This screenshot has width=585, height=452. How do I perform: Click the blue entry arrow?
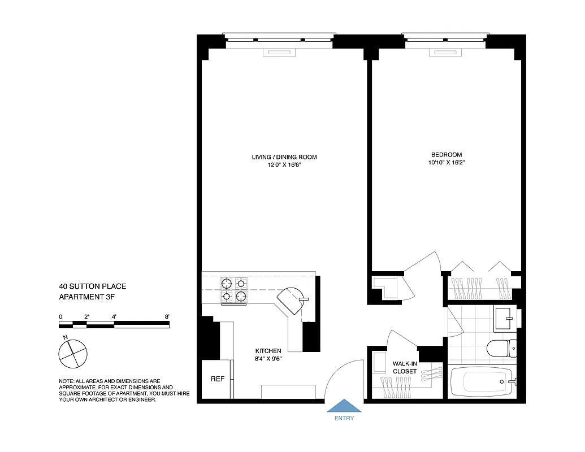point(344,407)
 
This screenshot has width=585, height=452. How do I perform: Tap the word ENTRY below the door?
point(344,419)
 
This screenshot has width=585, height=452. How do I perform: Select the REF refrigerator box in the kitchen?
point(218,379)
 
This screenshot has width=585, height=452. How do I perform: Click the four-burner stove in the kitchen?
point(234,289)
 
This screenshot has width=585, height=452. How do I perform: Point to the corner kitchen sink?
point(292,301)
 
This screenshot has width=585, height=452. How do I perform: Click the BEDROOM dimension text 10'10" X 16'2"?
point(447,163)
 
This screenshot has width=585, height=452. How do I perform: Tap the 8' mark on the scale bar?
point(167,317)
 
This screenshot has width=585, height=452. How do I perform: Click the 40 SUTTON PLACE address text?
point(92,287)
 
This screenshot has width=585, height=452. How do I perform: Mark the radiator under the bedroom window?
point(445,53)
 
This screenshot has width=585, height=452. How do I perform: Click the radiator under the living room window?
point(280,53)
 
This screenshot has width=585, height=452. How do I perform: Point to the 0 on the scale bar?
point(60,317)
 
